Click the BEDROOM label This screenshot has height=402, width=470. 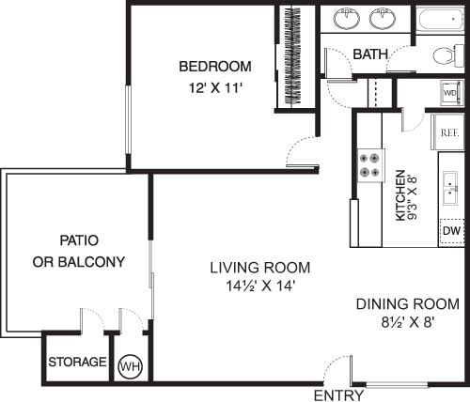[x=215, y=66]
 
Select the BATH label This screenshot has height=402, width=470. [x=370, y=54]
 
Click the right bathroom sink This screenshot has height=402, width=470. [x=383, y=18]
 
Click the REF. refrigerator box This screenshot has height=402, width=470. [x=448, y=133]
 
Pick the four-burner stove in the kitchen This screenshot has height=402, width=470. [x=369, y=165]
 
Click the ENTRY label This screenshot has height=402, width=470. [x=338, y=395]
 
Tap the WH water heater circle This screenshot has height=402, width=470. [x=129, y=365]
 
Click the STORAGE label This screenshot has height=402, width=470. [x=77, y=363]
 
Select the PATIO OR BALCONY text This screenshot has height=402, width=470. [x=79, y=251]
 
